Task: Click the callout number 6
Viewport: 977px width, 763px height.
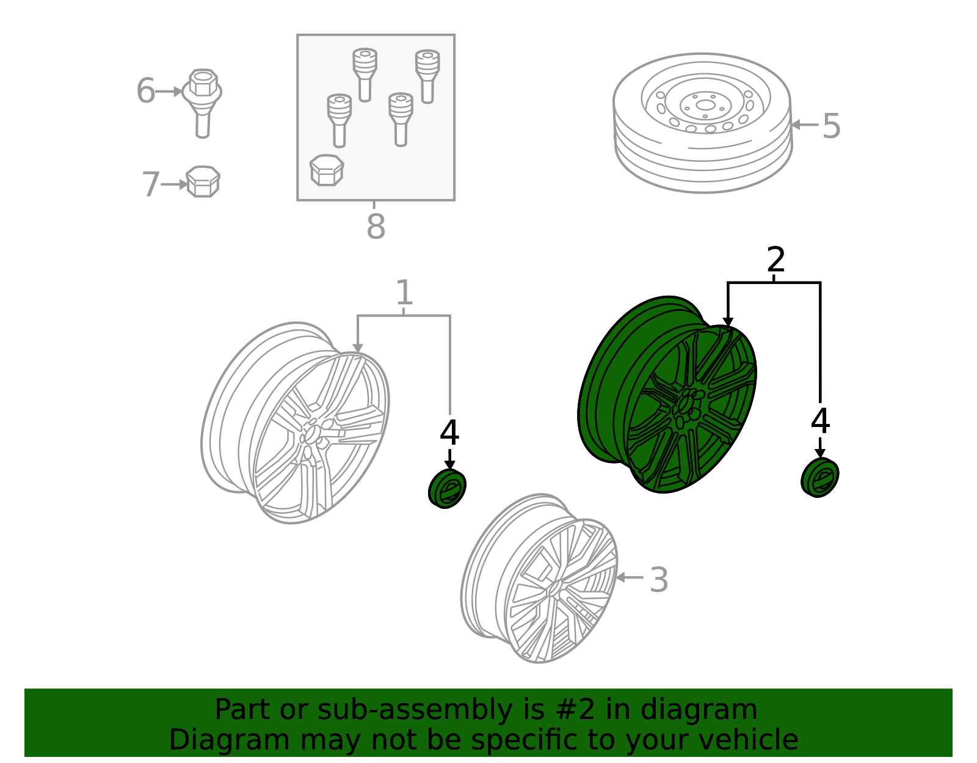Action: [x=146, y=91]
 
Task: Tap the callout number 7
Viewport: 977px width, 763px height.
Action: [x=151, y=184]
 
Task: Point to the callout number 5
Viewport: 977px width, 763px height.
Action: [x=831, y=126]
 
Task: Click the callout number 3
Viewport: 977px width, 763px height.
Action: [x=659, y=580]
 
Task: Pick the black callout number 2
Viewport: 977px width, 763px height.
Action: [x=775, y=260]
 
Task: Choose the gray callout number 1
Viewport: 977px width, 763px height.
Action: [x=404, y=292]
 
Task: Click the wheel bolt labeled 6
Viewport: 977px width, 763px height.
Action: [x=202, y=103]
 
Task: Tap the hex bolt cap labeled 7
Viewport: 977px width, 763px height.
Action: [x=203, y=181]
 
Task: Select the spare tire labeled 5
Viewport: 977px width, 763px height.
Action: [x=702, y=123]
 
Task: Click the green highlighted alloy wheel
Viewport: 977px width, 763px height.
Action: [x=667, y=394]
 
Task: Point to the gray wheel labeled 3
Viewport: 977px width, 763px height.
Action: [x=539, y=579]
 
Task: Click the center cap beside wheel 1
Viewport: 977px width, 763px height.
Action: [x=447, y=488]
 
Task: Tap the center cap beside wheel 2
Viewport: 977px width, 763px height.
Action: [x=819, y=478]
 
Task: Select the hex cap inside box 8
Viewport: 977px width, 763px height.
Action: [x=327, y=170]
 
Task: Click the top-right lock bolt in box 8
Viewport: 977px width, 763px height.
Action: [x=427, y=76]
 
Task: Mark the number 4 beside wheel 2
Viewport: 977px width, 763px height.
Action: [x=820, y=421]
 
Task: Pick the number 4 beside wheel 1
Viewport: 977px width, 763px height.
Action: [x=449, y=433]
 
